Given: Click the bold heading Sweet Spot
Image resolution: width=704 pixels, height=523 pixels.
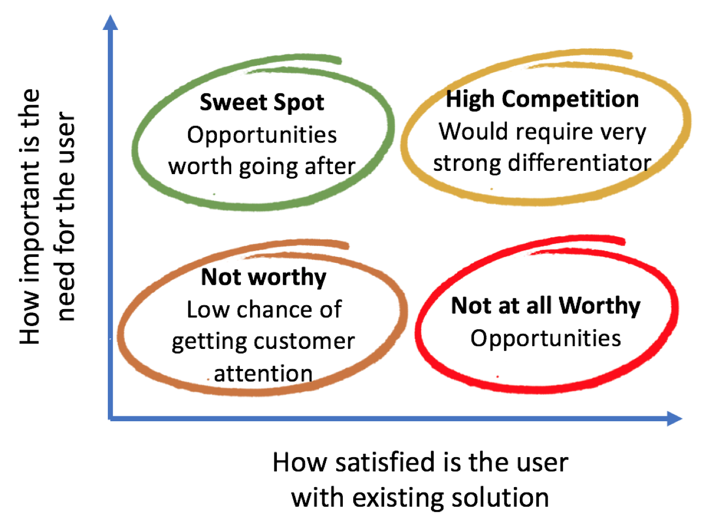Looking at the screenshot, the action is pos(262,102).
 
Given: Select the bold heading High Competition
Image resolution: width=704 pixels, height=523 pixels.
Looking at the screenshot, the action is pos(542,99).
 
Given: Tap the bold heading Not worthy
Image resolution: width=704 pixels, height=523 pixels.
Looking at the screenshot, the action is pos(263,278).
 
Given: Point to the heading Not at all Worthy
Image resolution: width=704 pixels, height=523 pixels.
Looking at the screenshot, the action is pos(545,306).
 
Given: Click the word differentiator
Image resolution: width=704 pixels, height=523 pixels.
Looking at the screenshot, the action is pos(580,163).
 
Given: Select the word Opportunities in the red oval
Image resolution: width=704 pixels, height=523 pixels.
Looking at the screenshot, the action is pos(545,338).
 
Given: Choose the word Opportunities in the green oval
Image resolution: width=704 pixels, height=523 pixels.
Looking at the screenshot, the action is pos(262,135).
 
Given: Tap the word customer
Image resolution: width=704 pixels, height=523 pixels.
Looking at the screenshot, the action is pos(304,341).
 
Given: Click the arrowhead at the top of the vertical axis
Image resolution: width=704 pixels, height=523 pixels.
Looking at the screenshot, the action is pos(110,22).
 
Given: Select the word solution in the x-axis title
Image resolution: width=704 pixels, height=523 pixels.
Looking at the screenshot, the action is pos(500,497).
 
